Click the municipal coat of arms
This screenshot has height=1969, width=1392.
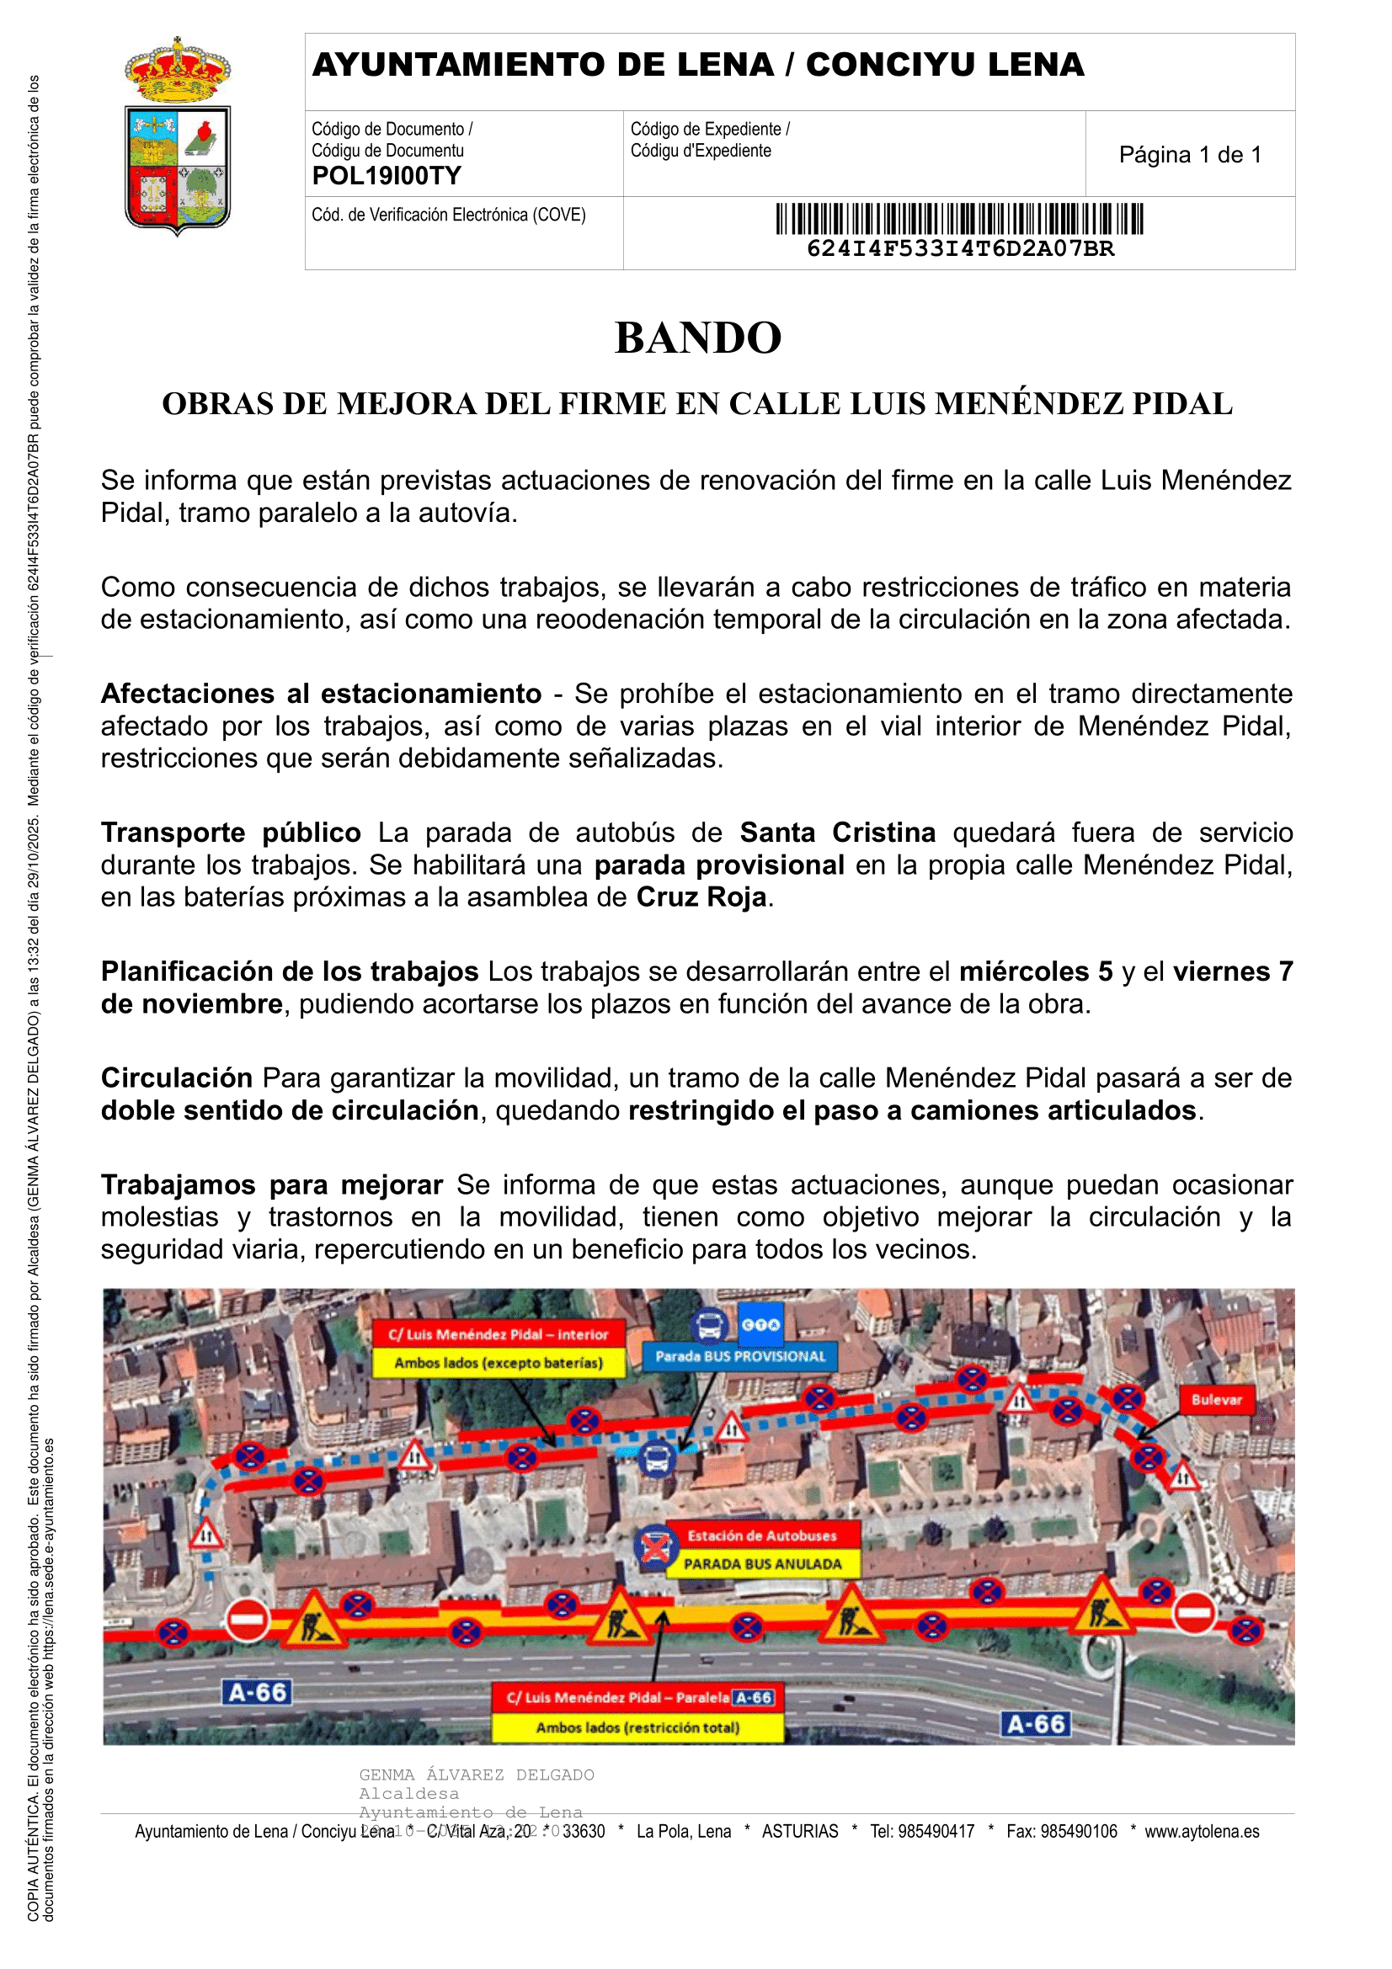click(178, 137)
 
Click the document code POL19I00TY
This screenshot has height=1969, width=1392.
click(387, 176)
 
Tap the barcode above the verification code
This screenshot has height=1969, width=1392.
click(959, 219)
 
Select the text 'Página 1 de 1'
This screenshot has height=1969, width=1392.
click(1190, 154)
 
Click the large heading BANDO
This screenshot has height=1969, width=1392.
click(698, 337)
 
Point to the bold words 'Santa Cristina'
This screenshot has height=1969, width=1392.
click(837, 832)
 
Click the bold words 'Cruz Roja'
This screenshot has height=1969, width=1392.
click(701, 897)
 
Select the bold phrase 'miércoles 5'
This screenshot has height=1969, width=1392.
click(1035, 971)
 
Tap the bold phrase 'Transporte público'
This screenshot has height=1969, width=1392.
click(231, 832)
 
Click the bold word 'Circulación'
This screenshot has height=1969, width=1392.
click(177, 1078)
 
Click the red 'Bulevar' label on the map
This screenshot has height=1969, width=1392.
click(1216, 1400)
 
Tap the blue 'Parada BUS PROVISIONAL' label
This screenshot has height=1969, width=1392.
click(740, 1356)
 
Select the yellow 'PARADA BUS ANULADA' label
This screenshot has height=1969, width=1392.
click(762, 1563)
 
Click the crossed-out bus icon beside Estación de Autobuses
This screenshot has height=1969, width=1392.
click(656, 1548)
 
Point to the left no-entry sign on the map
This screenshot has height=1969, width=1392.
click(247, 1620)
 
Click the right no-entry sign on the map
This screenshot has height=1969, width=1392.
click(1194, 1612)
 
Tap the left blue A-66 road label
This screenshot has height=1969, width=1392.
click(258, 1692)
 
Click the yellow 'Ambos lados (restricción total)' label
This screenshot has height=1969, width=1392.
click(637, 1727)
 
